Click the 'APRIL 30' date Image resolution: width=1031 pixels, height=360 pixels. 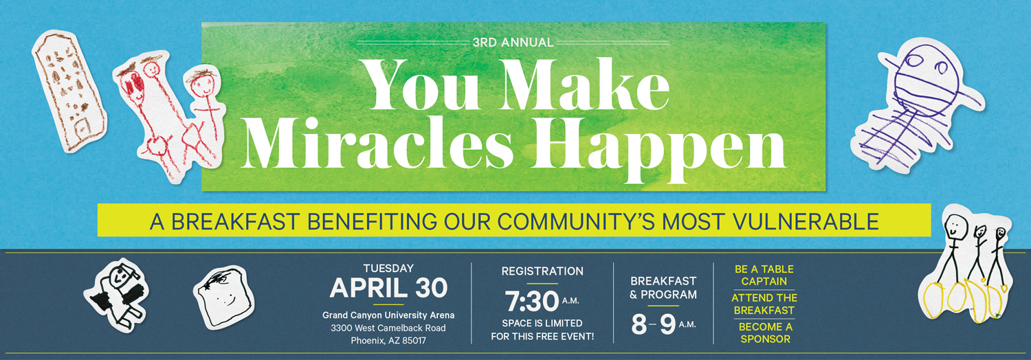388,288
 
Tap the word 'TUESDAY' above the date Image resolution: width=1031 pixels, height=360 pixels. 388,268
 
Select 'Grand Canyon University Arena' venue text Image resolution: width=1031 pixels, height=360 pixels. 388,315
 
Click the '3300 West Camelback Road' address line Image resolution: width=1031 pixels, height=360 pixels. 388,328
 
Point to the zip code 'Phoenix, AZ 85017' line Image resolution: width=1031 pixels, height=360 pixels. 388,340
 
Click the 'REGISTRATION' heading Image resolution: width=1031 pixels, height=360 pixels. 542,271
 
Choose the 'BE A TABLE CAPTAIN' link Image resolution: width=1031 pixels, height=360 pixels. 764,275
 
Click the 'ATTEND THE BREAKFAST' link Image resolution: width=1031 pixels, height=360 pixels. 764,304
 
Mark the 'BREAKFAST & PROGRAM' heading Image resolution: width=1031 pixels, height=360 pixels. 663,288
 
